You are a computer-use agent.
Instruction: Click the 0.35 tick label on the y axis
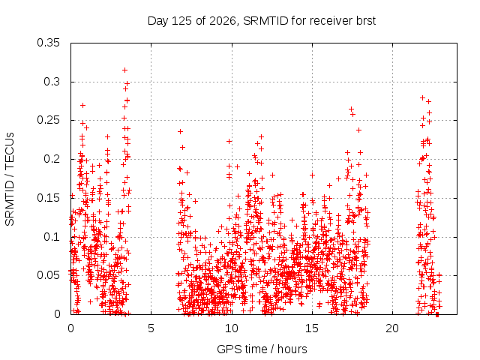coord(48,43)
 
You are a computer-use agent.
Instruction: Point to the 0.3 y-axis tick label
coord(52,82)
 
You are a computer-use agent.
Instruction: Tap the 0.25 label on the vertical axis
coord(48,120)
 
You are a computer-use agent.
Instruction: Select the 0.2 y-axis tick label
coord(52,159)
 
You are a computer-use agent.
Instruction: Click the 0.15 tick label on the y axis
coord(48,198)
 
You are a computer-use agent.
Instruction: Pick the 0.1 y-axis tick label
coord(52,237)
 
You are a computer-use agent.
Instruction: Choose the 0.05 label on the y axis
coord(48,275)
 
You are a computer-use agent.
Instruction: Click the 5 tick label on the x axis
coord(151,328)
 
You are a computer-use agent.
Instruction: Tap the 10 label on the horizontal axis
coord(232,328)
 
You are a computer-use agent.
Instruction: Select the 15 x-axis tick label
coord(312,328)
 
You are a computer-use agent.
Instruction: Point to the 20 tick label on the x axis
coord(392,328)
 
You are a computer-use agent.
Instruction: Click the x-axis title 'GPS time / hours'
coord(262,349)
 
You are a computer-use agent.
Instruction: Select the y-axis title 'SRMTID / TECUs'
coord(10,179)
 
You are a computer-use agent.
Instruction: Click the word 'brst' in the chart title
coord(366,21)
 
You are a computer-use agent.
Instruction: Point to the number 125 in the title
coord(181,21)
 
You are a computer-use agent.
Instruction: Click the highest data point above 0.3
coord(124,70)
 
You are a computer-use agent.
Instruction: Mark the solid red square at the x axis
coord(437,314)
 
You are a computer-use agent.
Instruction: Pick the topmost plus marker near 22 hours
coord(422,98)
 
